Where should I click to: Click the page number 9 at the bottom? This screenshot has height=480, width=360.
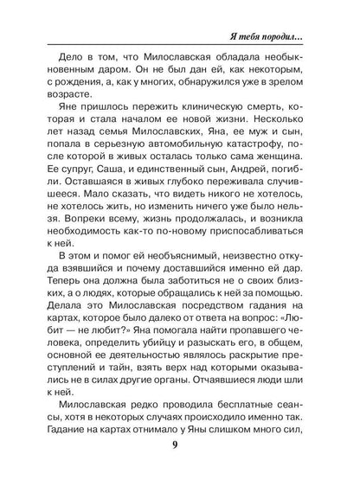click(180, 447)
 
